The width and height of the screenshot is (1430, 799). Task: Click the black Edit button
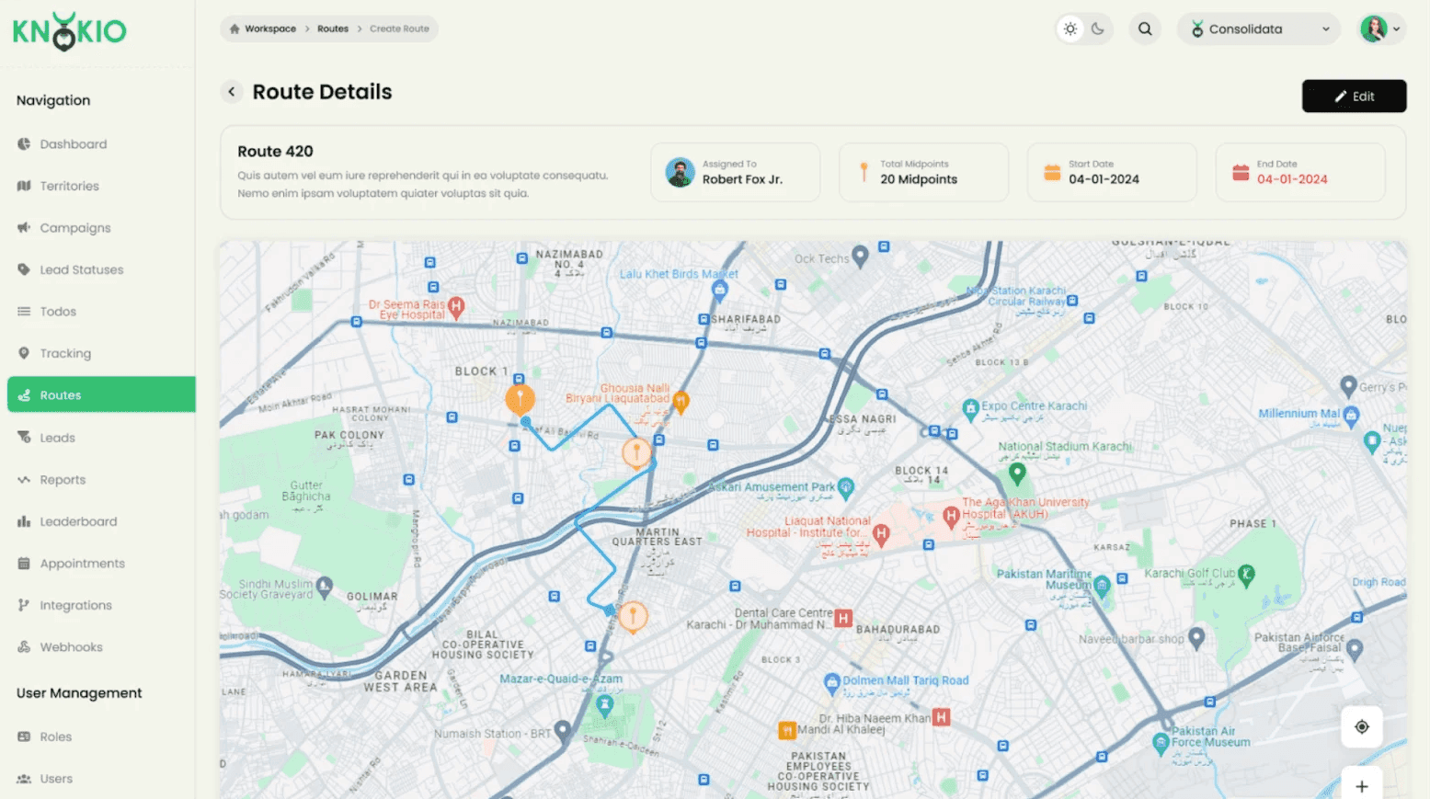[x=1354, y=97]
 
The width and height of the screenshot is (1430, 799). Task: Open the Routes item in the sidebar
[x=61, y=395]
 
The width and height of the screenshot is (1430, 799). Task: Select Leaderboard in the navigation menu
[x=78, y=521]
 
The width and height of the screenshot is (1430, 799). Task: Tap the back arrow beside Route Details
[x=232, y=92]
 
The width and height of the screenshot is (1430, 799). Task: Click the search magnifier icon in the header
[x=1145, y=29]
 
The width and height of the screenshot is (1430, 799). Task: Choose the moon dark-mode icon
[x=1098, y=29]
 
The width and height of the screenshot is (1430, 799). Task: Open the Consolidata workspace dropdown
[x=1259, y=29]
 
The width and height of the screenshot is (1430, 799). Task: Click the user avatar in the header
[x=1373, y=29]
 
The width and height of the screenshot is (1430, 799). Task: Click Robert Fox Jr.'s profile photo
[x=680, y=172]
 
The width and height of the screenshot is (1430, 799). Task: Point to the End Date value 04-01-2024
[x=1292, y=179]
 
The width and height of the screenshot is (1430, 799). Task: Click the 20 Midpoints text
[x=919, y=179]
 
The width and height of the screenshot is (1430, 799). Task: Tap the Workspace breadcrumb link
[x=270, y=29]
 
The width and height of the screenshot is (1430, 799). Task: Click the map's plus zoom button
[x=1362, y=786]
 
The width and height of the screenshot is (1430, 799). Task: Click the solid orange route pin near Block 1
[x=520, y=399]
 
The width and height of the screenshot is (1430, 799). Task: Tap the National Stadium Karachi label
[x=1065, y=447]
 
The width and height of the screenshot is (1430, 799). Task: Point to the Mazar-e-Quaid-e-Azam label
[x=561, y=679]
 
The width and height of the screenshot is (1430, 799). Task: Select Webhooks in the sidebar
[x=71, y=647]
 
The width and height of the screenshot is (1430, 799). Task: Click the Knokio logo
[x=70, y=31]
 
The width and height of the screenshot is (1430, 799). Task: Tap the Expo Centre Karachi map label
[x=1034, y=405]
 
